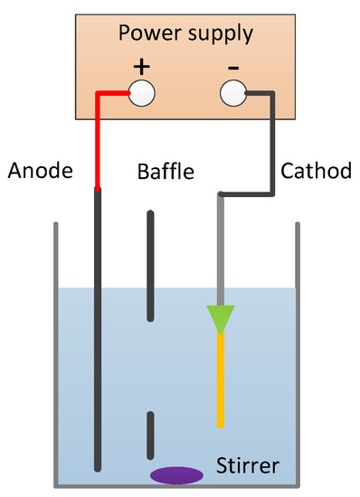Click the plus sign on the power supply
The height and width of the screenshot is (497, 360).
pyautogui.click(x=142, y=67)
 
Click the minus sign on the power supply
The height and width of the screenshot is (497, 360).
pyautogui.click(x=232, y=67)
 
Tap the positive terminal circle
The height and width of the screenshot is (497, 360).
pyautogui.click(x=142, y=92)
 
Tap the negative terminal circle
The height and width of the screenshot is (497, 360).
pyautogui.click(x=233, y=92)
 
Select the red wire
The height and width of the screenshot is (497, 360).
pyautogui.click(x=99, y=136)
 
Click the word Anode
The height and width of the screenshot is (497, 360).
pyautogui.click(x=39, y=170)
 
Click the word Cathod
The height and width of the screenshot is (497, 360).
pyautogui.click(x=316, y=170)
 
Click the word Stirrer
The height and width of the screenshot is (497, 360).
pyautogui.click(x=248, y=466)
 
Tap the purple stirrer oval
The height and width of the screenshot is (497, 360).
pyautogui.click(x=176, y=474)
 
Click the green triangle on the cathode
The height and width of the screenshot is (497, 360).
pyautogui.click(x=220, y=319)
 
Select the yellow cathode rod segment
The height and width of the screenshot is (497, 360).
pyautogui.click(x=220, y=380)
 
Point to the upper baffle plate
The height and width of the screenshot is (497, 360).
pyautogui.click(x=151, y=267)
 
